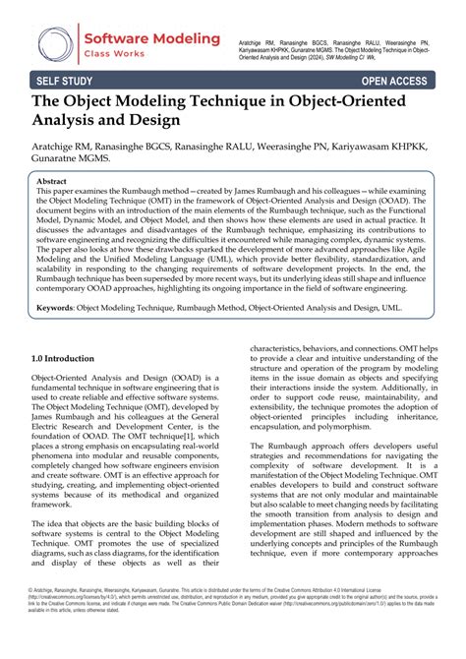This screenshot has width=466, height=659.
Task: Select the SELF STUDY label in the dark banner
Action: (65, 81)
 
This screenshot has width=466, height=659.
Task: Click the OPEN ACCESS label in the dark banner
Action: (400, 81)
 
